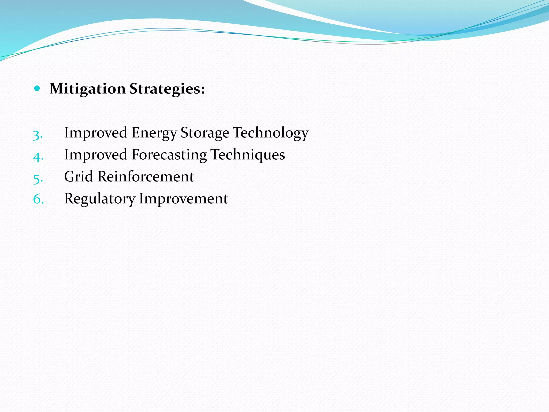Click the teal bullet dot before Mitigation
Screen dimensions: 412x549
pos(37,88)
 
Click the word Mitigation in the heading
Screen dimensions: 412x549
pos(88,89)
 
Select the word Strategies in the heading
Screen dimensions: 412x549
pos(165,89)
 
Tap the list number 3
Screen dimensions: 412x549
pos(37,135)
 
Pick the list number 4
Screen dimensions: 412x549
pos(38,157)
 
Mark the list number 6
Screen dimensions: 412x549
pos(38,199)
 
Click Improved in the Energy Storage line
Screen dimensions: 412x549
pos(95,133)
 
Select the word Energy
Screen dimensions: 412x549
pos(154,133)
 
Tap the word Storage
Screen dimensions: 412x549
pos(205,133)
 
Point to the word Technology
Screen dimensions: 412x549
pos(270,133)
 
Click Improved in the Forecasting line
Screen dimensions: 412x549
pos(95,154)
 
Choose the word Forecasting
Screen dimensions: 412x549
pos(169,155)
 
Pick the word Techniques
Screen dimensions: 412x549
pos(248,155)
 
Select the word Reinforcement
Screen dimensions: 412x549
pos(146,176)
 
